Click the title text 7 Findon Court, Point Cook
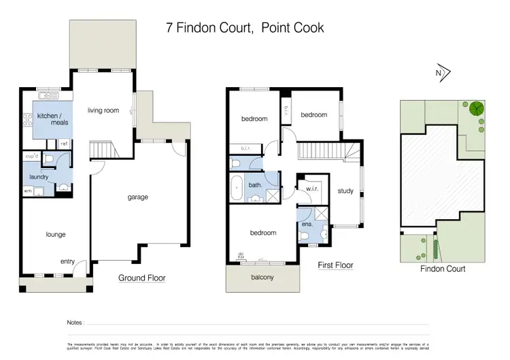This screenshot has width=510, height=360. [245, 28]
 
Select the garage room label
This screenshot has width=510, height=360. [137, 197]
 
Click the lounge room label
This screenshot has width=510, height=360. [55, 234]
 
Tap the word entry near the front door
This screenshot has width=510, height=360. [68, 261]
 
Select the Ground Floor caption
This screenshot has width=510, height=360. [141, 278]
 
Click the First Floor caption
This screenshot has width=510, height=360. [335, 265]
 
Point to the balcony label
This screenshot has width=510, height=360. [262, 277]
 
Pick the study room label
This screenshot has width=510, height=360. [345, 191]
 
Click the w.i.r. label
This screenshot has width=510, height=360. [313, 189]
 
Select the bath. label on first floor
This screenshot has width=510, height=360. [256, 184]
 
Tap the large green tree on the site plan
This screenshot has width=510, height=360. [476, 108]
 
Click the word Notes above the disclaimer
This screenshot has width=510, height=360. [75, 323]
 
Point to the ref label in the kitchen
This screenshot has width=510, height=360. [64, 143]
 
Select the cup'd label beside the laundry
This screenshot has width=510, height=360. [32, 157]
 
